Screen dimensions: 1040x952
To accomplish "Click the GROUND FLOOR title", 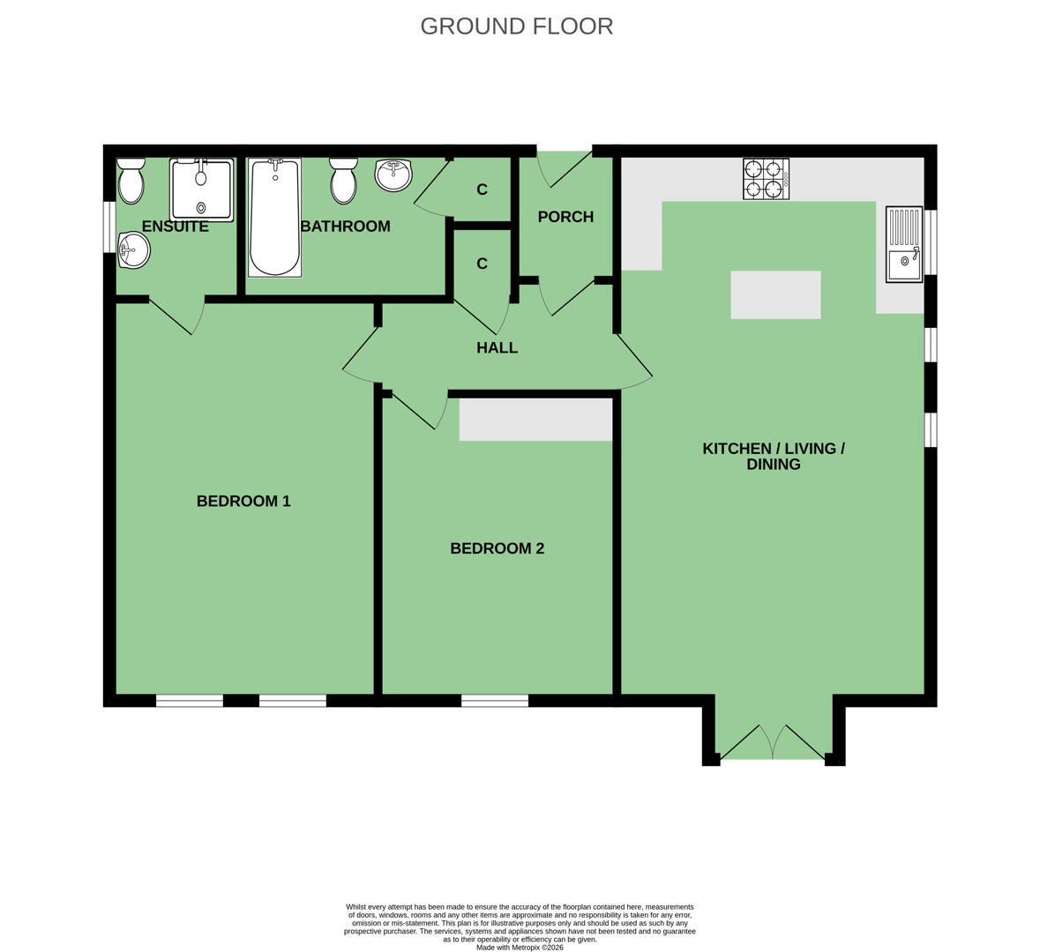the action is pos(517,26).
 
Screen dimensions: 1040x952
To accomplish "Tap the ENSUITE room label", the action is pos(176,226).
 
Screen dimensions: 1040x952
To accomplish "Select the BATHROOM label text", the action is pos(346,226).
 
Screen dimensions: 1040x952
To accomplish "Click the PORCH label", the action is pos(565,217).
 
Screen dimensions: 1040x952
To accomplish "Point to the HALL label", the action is pos(497,347).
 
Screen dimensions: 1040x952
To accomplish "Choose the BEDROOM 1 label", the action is pos(243,501).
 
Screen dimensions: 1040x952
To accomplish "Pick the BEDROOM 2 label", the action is pos(497,548).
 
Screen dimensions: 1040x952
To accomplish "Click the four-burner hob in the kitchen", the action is pos(766,179).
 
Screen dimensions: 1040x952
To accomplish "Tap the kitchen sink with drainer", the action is pos(904,244).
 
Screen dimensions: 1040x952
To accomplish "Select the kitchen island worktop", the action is pos(776,295).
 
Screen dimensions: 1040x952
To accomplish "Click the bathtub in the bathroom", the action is pos(274,218).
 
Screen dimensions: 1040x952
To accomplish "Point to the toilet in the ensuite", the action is pos(131,181).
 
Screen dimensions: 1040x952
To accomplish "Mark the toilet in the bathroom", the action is pos(343,181).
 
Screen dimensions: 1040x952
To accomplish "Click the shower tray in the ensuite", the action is pos(202,190).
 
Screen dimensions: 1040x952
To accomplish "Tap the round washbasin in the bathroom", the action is pos(394,175).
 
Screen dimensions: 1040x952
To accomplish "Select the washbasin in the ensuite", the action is pos(134,250).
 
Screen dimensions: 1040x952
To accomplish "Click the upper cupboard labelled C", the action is pos(483,190).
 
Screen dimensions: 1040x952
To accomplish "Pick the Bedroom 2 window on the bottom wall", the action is pos(495,700).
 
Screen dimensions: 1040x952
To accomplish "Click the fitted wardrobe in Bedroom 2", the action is pos(536,420).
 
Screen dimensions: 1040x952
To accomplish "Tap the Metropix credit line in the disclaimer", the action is pos(520,948).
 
